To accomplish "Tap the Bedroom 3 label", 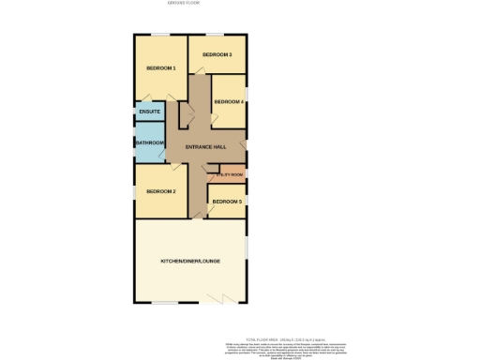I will pyautogui.click(x=217, y=54).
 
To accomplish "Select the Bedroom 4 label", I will pyautogui.click(x=229, y=101).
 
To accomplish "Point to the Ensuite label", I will pyautogui.click(x=149, y=112).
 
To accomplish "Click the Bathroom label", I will pyautogui.click(x=150, y=142).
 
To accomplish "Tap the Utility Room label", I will pyautogui.click(x=230, y=174).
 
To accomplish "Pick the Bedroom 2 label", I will pyautogui.click(x=160, y=191).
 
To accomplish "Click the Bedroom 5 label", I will pyautogui.click(x=226, y=202).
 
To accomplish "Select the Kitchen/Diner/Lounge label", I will pyautogui.click(x=190, y=260).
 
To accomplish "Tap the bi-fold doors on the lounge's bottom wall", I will pyautogui.click(x=221, y=301).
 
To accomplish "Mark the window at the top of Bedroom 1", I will pyautogui.click(x=161, y=36).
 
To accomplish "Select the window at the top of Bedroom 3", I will pyautogui.click(x=217, y=36).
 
